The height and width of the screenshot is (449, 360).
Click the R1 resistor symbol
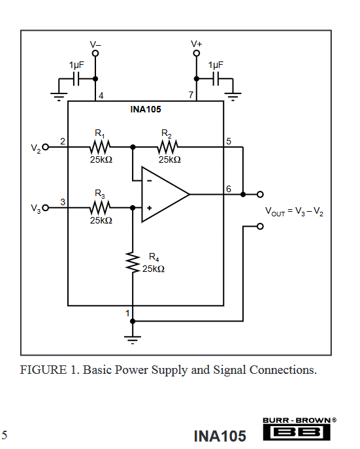pos(99,147)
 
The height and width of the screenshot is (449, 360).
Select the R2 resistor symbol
pos(167,147)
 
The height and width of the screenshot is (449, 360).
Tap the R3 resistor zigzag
pos(99,208)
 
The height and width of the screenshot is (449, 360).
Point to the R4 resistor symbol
pos(133,262)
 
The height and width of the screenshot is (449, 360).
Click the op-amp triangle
pos(165,194)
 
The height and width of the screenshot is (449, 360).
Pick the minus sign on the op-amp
pos(149,180)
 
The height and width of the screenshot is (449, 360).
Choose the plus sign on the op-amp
pos(149,208)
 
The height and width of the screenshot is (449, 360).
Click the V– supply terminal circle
pos(95,53)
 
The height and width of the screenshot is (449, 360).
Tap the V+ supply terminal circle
pos(196,53)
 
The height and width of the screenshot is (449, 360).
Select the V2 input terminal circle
pos(46,147)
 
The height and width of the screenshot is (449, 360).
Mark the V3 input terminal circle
pos(46,208)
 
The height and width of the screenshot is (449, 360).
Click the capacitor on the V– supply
pos(76,78)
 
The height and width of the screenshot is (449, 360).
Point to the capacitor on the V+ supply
pos(216,78)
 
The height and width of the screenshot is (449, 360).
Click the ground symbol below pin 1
pos(133,339)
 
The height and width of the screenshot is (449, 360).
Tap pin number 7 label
pos(191,95)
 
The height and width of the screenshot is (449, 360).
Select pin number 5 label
pos(229,141)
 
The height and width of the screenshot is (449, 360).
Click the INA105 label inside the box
pos(146,109)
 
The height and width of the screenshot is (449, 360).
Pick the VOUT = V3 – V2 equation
pos(294,211)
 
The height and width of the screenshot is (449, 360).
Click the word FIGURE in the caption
pos(43,370)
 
